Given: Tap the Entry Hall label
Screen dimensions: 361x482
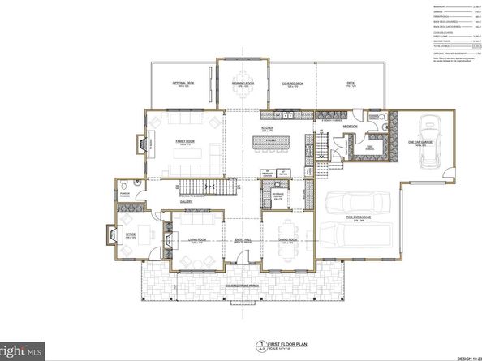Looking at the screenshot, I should point(243,241).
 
